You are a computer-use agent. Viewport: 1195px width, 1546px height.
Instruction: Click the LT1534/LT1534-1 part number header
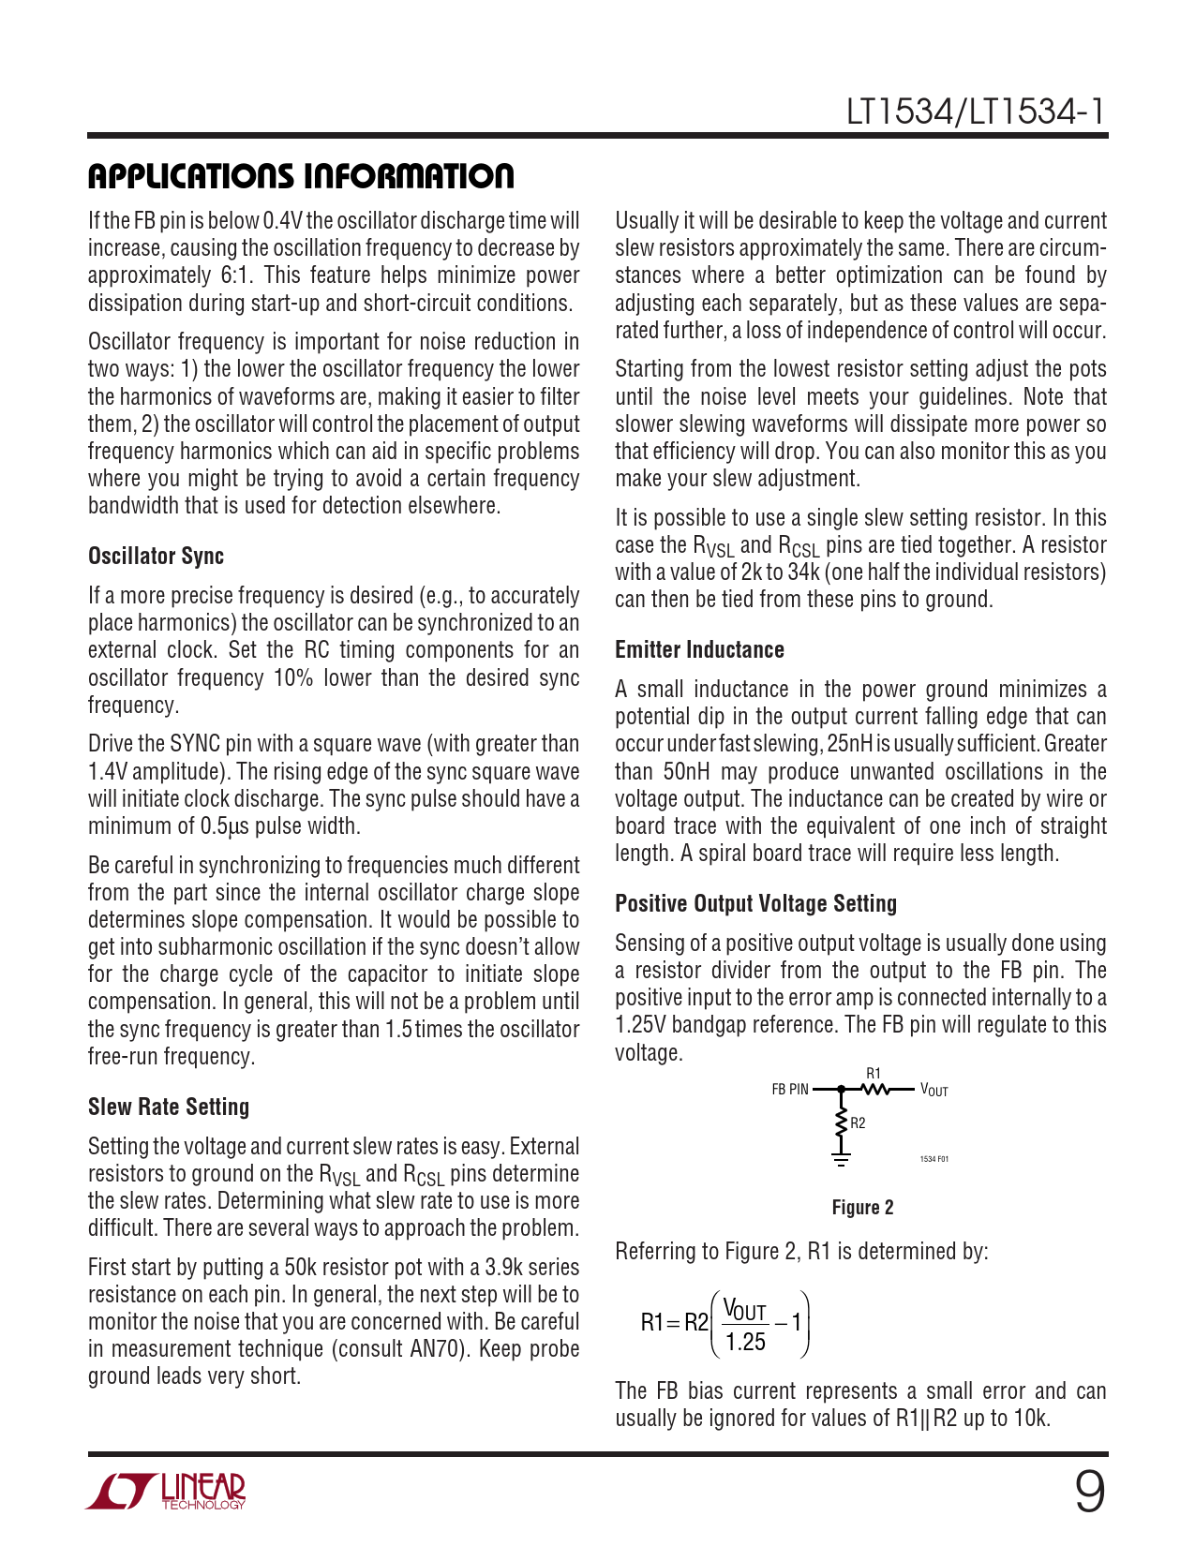pos(976,112)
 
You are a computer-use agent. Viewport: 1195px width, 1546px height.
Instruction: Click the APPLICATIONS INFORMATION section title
pos(301,176)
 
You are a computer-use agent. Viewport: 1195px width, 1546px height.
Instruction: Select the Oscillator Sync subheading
pos(156,557)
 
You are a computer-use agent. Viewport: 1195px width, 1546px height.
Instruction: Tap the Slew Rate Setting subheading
pos(169,1107)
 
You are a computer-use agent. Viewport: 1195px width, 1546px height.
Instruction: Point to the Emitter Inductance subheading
pos(699,650)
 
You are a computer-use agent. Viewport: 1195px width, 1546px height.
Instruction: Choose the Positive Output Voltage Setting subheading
pos(755,904)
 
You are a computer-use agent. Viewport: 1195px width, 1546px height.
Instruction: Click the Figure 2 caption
pos(862,1208)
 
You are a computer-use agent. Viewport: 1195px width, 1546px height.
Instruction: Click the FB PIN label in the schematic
pos(789,1090)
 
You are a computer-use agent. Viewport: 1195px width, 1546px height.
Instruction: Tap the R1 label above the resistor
pos(874,1074)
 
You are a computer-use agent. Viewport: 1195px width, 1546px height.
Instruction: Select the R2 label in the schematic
pos(859,1123)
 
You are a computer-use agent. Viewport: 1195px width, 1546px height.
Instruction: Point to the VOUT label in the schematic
pos(934,1090)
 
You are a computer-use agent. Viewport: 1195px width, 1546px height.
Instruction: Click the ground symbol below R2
pos(841,1160)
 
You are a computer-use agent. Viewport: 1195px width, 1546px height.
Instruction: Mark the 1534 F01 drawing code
pos(934,1160)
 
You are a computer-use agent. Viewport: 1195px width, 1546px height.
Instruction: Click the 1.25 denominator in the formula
pos(745,1343)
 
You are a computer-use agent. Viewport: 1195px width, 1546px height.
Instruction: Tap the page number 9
pos(1089,1493)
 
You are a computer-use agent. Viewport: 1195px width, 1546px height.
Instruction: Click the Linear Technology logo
pos(166,1491)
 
